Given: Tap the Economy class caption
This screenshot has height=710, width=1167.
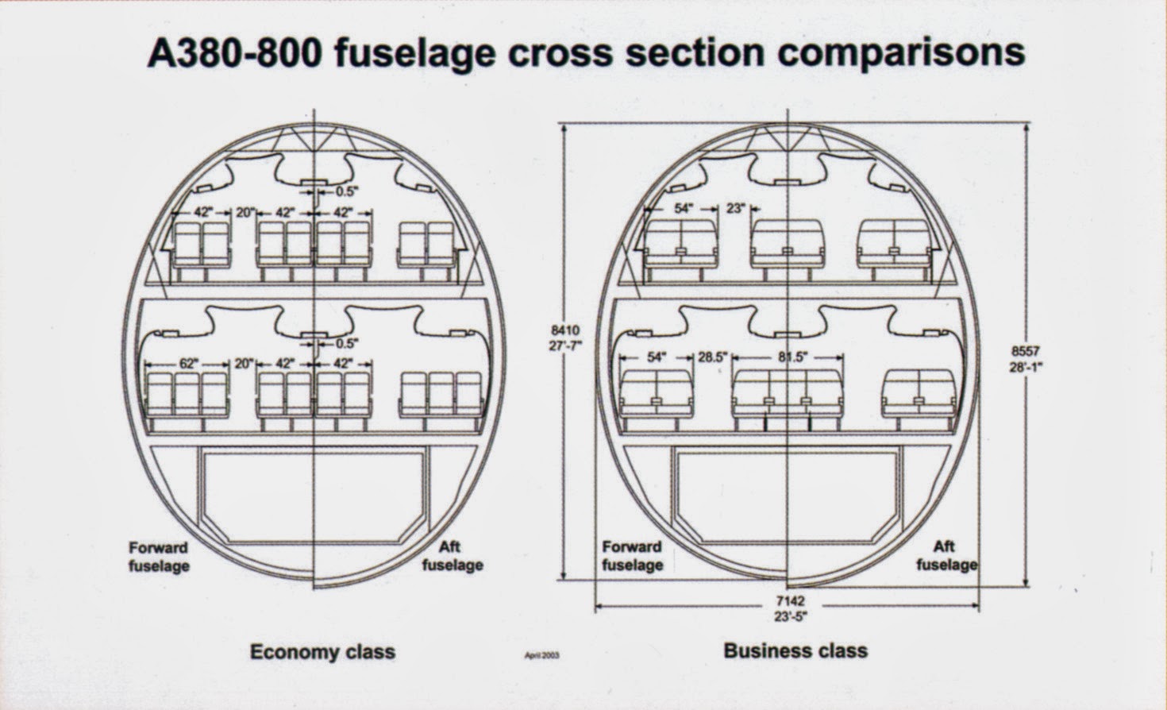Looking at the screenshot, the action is click(x=322, y=652).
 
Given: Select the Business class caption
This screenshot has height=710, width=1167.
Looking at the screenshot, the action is click(x=795, y=651).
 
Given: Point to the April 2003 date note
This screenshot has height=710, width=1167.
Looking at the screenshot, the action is click(x=542, y=656).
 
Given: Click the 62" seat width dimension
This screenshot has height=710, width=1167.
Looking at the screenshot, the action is click(x=187, y=363).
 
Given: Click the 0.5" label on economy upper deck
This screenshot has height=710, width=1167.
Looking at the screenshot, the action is click(x=346, y=191).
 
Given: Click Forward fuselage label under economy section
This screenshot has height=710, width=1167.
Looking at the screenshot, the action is click(x=159, y=557).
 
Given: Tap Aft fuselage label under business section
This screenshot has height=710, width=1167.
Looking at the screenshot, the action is click(x=946, y=556).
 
